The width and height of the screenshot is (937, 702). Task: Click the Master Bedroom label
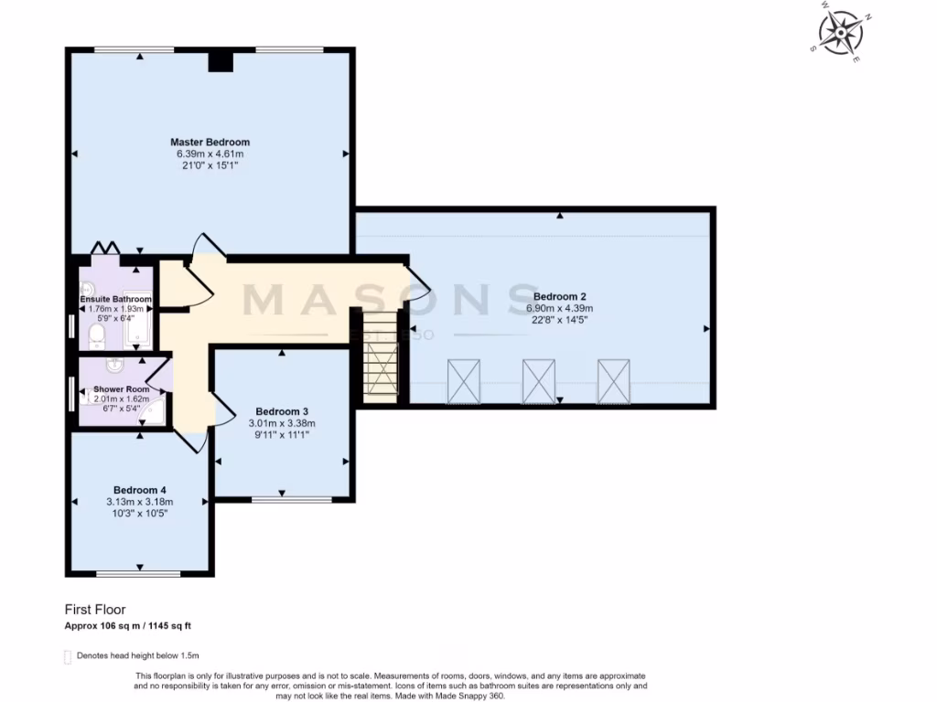click(x=210, y=143)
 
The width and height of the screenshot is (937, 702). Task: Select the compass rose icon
click(x=840, y=32)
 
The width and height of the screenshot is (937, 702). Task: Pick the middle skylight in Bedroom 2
click(x=539, y=381)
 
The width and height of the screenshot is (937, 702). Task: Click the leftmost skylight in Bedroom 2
click(x=464, y=381)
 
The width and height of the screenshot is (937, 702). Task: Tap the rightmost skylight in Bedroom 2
click(x=615, y=381)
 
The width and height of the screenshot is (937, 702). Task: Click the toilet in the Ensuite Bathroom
click(x=96, y=338)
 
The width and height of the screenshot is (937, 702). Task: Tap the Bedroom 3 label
click(x=282, y=410)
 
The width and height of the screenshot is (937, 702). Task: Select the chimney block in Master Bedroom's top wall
click(x=221, y=61)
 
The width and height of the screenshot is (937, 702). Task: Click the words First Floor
click(x=95, y=609)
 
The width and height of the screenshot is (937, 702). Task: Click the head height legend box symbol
click(x=67, y=656)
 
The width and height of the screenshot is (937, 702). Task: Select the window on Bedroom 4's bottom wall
click(x=140, y=574)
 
